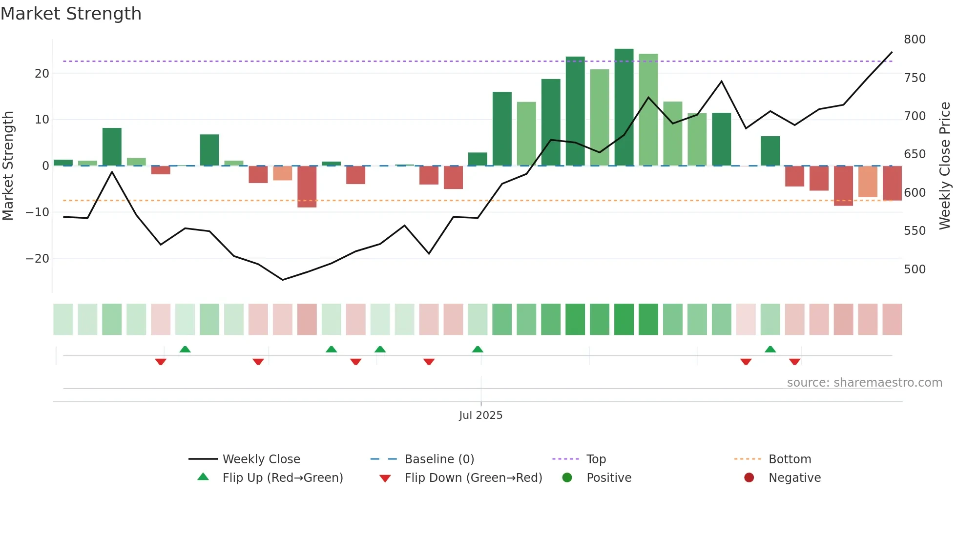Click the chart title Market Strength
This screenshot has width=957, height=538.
(71, 14)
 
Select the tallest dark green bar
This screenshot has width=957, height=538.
(624, 107)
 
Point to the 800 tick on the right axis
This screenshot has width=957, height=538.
(914, 40)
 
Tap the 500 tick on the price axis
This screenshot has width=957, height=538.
(914, 269)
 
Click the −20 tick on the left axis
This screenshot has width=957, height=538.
(38, 259)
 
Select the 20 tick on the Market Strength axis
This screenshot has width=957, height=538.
(42, 74)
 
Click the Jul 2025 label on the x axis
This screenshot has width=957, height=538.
(480, 415)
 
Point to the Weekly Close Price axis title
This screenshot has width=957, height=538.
(945, 166)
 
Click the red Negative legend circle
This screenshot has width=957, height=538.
(749, 478)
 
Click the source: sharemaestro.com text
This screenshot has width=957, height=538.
(864, 383)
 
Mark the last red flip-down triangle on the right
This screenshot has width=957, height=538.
(794, 362)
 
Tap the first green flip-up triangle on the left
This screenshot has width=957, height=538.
(185, 350)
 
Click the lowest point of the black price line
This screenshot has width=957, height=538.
(282, 280)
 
